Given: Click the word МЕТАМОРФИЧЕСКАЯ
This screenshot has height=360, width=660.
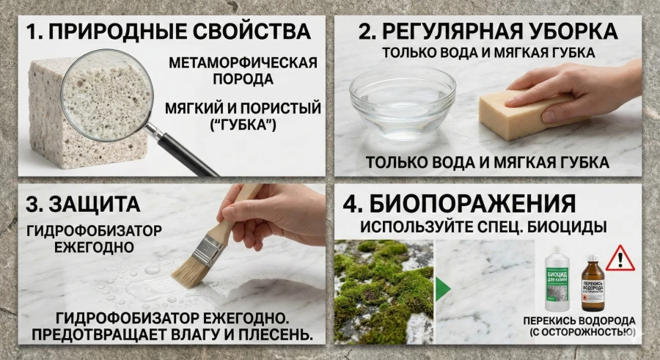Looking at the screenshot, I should click(243, 62).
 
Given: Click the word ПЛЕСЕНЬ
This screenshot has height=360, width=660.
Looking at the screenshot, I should click(271, 334).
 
